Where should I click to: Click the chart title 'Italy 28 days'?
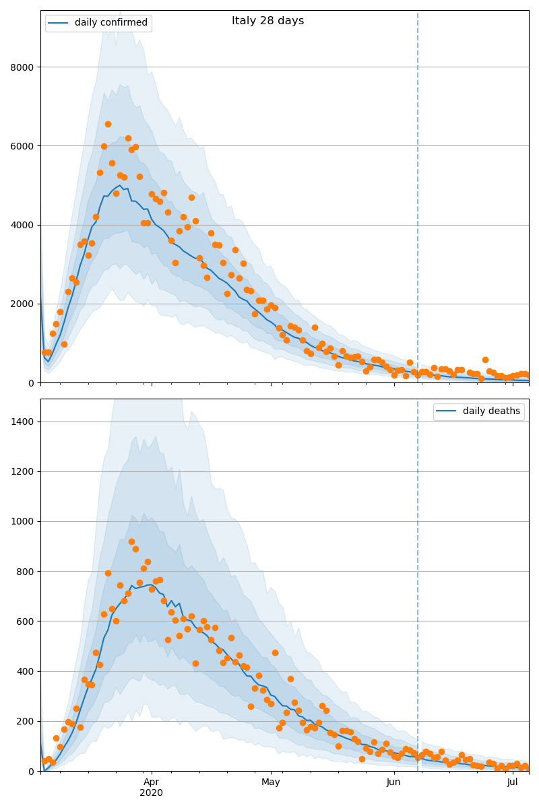tap(267, 21)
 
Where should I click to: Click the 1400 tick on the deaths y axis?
tap(24, 422)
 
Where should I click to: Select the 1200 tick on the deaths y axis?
tap(24, 471)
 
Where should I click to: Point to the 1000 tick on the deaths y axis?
tap(24, 521)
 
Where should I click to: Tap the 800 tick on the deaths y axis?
tap(26, 572)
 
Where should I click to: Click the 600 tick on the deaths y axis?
tap(26, 621)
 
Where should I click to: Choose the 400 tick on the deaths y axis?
tap(26, 671)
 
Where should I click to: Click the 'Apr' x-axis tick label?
tap(152, 782)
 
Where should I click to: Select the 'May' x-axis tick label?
tap(271, 782)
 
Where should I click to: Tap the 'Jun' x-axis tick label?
tap(393, 782)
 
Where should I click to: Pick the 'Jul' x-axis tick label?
tap(513, 782)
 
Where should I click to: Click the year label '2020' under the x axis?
tap(152, 793)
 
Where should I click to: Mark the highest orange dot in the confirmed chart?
tap(108, 124)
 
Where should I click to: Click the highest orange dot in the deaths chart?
tap(131, 541)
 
